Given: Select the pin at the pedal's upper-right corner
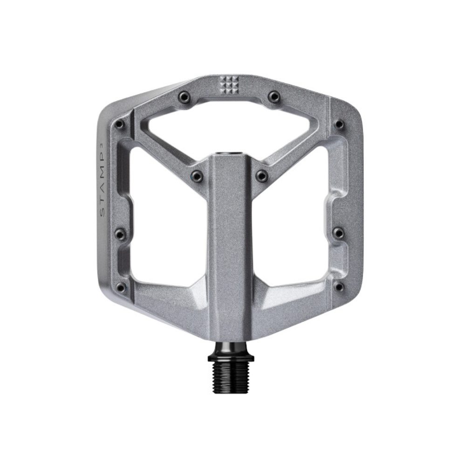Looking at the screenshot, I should coord(339,124).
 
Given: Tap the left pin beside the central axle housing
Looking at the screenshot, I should coord(198,176).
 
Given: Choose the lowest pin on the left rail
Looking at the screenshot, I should coord(120,286).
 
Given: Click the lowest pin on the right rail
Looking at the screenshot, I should coord(339,286).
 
